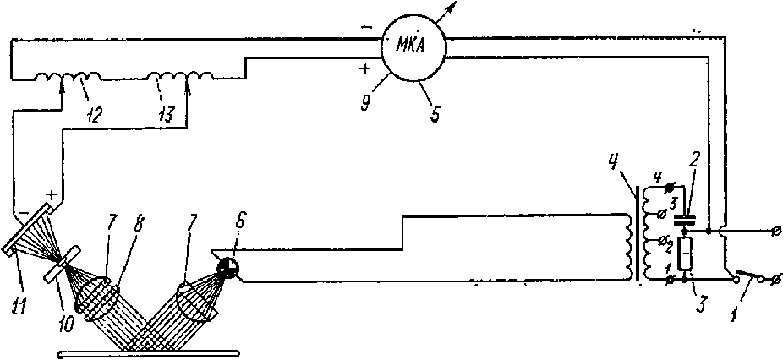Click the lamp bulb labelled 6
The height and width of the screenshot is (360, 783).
tap(227, 269)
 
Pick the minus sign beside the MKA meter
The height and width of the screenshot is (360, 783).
tap(365, 26)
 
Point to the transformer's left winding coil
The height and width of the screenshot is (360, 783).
tap(627, 248)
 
